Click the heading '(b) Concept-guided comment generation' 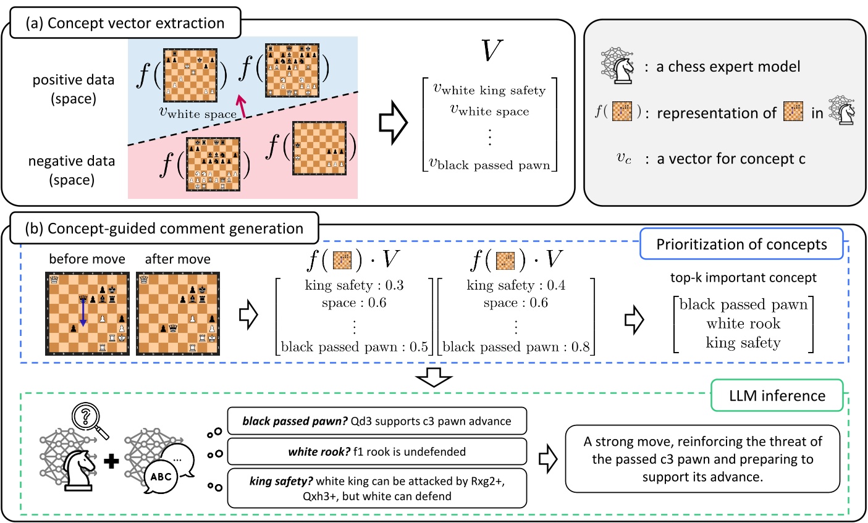click(164, 228)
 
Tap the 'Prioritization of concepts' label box click(741, 244)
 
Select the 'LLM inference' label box click(777, 395)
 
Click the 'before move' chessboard click(87, 314)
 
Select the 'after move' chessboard click(177, 314)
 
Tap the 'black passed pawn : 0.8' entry click(516, 347)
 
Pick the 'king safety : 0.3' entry click(354, 285)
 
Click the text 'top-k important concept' click(743, 278)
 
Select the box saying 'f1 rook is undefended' click(377, 452)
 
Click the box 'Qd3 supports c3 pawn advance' click(377, 422)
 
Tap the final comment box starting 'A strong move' click(702, 459)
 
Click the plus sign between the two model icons click(112, 461)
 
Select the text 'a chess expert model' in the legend click(728, 67)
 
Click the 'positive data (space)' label click(74, 89)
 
